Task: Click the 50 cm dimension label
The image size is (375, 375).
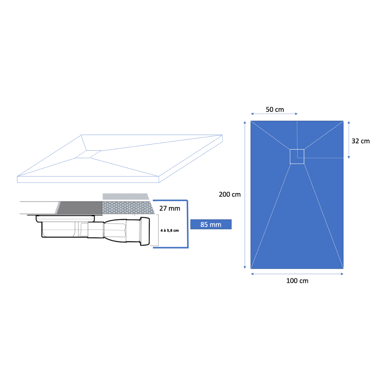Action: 275,110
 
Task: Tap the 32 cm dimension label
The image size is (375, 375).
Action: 360,141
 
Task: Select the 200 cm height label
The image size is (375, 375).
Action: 230,194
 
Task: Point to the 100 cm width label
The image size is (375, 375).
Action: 297,281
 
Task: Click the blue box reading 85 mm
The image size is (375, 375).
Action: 211,224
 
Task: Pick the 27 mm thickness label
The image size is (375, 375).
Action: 169,208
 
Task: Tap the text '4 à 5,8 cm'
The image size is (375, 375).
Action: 169,230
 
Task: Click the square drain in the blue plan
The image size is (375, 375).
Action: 297,157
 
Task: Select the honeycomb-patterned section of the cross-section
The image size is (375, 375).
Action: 128,207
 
